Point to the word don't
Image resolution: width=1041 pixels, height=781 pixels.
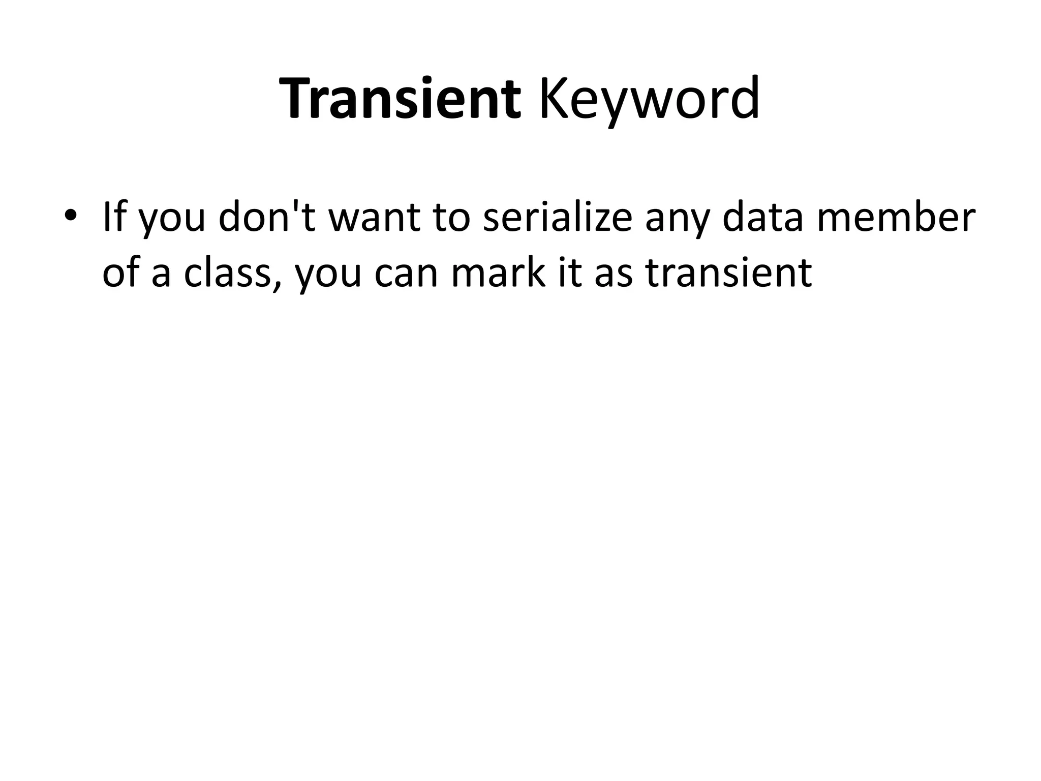(x=267, y=217)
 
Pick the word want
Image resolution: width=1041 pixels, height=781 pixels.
(x=374, y=217)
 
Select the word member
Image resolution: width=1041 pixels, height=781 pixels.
(x=896, y=217)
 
